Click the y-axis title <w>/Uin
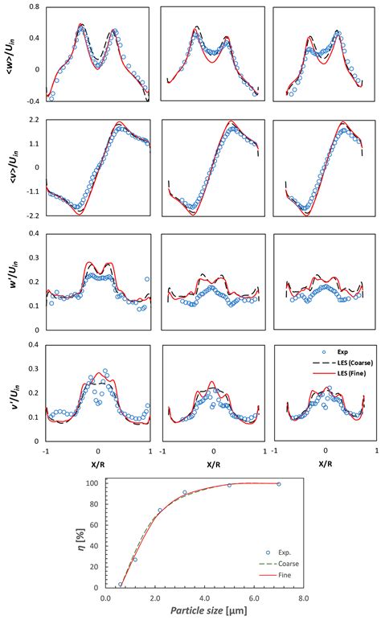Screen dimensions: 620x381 pos(9,54)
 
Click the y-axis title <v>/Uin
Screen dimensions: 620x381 pos(9,167)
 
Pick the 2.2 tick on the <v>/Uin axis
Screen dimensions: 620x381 pos(35,120)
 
